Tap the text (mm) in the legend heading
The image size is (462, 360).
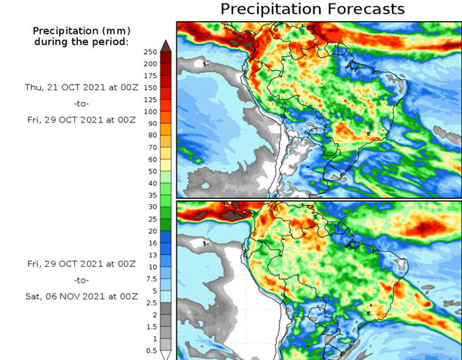tap(114, 31)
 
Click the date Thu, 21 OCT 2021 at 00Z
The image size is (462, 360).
tap(82, 86)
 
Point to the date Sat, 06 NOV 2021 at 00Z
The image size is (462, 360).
tap(82, 297)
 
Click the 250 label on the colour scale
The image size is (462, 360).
tap(150, 52)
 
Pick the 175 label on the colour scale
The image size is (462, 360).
tap(150, 76)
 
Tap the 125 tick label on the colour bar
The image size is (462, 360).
tap(150, 99)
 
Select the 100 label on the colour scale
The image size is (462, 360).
tap(150, 111)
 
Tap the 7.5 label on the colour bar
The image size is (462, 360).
tap(150, 278)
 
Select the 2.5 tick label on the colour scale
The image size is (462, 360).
tap(150, 302)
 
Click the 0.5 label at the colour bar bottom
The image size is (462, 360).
tap(150, 351)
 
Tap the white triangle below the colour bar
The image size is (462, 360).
tap(165, 355)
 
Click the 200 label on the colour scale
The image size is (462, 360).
tap(150, 63)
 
